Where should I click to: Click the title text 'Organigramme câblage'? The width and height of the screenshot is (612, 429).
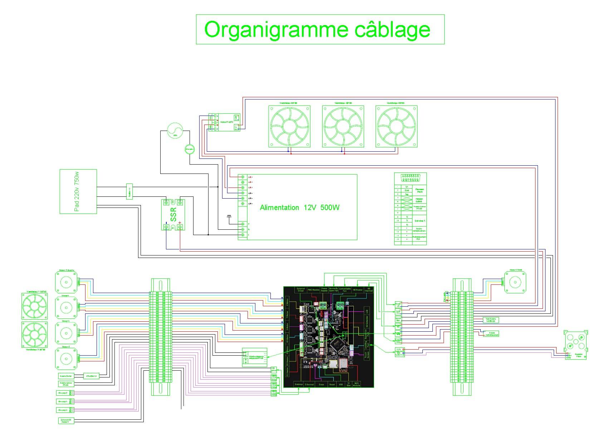(317, 29)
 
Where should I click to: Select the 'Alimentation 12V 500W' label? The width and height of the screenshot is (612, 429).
(299, 208)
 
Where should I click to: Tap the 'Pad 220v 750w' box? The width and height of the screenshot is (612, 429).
(78, 191)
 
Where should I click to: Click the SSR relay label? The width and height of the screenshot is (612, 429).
(173, 214)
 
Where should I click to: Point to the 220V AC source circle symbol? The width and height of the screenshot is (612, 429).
(175, 131)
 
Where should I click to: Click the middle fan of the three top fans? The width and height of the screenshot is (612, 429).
(343, 126)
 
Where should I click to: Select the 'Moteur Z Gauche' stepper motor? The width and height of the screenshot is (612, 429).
(66, 282)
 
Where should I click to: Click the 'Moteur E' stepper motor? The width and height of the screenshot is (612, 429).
(66, 359)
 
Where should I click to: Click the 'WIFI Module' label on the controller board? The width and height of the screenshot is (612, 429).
(357, 384)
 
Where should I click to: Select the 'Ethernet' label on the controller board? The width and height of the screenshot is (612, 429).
(309, 385)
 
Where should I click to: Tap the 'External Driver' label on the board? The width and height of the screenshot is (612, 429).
(301, 289)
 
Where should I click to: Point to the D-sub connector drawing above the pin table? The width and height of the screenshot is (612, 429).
(410, 177)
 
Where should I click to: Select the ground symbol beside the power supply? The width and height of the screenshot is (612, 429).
(229, 216)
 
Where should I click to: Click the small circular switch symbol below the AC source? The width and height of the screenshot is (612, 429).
(190, 149)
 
